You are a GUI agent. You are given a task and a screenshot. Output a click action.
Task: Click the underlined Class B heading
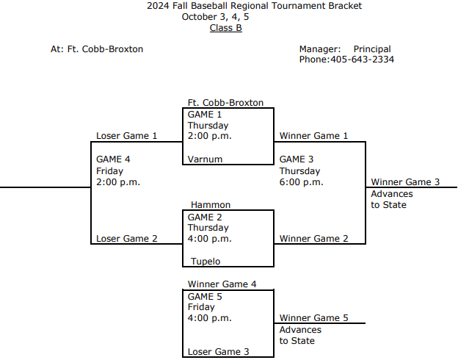225,28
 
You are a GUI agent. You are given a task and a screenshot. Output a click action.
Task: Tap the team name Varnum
205,159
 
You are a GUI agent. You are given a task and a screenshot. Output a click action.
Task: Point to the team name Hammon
211,204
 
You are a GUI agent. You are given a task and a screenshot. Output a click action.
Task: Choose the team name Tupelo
206,261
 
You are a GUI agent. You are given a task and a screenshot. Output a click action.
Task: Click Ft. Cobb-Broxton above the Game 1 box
225,103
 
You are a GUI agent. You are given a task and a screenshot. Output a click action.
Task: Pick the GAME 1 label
204,115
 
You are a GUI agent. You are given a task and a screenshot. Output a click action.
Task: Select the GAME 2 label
204,217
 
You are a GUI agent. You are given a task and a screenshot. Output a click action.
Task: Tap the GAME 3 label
297,159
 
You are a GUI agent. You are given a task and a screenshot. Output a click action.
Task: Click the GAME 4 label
113,159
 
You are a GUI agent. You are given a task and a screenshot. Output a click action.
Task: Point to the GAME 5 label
204,297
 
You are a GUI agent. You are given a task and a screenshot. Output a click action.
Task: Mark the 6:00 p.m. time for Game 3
301,182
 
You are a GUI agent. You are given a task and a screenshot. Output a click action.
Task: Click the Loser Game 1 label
126,136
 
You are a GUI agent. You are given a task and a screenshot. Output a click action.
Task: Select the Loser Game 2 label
126,239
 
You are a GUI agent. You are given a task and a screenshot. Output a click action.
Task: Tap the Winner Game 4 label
222,284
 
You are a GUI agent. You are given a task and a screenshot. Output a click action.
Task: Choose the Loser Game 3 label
218,352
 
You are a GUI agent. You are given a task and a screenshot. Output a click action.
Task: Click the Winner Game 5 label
313,318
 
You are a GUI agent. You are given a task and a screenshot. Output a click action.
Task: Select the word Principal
372,49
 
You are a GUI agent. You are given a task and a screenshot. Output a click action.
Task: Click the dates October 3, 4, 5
220,17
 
